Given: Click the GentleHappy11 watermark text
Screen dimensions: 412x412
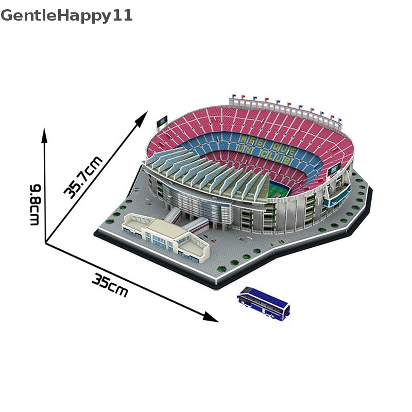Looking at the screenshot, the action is [x=67, y=15].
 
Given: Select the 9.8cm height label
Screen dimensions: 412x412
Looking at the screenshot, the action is [x=35, y=204].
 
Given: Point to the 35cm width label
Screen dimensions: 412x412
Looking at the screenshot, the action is [x=110, y=284].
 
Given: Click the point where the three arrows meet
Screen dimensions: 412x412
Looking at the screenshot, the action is [x=46, y=243].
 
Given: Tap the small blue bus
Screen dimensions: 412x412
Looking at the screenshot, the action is [x=264, y=304].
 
